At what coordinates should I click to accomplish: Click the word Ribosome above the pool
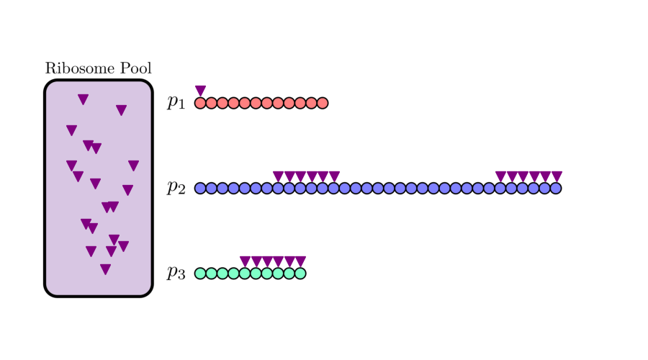[x=79, y=69]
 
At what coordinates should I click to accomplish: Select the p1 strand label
[x=176, y=102]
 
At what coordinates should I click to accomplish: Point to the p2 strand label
[x=176, y=187]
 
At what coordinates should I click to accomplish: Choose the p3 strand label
[x=176, y=272]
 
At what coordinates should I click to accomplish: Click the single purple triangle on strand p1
[x=200, y=91]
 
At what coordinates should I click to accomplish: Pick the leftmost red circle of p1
[x=200, y=103]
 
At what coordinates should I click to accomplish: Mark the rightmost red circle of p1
[x=322, y=103]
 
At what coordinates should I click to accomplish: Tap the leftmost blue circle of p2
[x=200, y=188]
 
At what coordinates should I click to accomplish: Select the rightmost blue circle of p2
[x=555, y=188]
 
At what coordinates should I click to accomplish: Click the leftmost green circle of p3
[x=200, y=273]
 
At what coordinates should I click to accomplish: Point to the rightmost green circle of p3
[x=300, y=273]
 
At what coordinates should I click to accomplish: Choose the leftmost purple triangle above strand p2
[x=278, y=176]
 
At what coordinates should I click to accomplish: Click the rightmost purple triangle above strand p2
[x=556, y=176]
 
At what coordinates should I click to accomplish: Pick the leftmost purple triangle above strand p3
[x=245, y=261]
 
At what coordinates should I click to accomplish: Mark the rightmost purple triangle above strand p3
[x=300, y=261]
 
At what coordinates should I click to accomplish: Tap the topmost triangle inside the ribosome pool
[x=83, y=99]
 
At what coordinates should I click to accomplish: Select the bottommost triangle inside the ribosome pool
[x=105, y=269]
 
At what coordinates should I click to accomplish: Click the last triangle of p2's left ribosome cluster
[x=334, y=176]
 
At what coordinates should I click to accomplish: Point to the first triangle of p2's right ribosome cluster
[x=500, y=176]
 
